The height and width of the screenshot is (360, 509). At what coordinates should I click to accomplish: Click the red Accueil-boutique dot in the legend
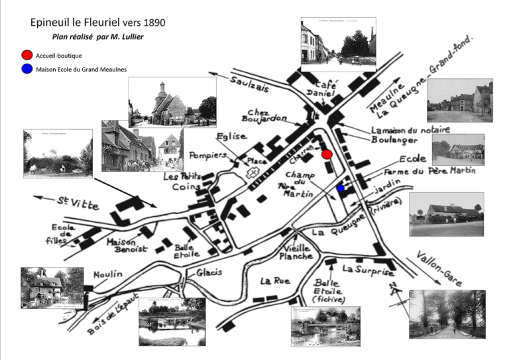pos(27,55)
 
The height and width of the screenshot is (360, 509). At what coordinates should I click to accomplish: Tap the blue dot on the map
pos(341,188)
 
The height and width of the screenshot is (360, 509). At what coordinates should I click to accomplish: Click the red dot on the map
pos(326,154)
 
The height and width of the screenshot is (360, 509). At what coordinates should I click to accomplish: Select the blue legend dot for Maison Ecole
pos(27,69)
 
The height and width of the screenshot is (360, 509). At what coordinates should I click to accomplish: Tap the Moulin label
pos(108,274)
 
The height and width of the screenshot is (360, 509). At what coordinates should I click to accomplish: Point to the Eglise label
pos(231,137)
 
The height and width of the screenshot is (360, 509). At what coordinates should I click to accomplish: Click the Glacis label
pos(209,272)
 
